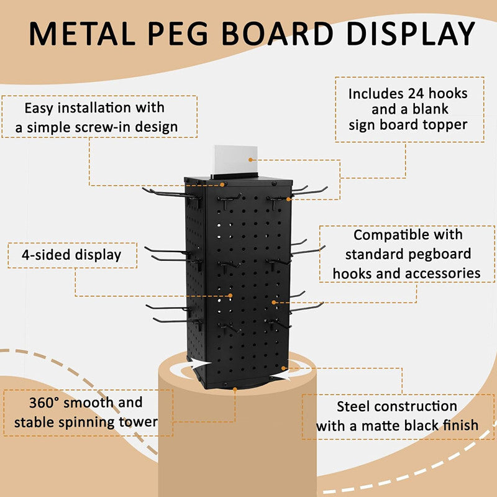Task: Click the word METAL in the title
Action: click(x=82, y=34)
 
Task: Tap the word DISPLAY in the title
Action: click(x=411, y=34)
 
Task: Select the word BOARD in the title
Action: click(x=278, y=34)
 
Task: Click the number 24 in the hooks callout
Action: click(x=416, y=94)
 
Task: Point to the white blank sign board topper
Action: click(x=235, y=160)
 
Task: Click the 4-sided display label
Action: click(x=71, y=255)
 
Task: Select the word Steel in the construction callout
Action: click(x=352, y=406)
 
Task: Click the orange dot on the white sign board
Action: click(x=250, y=160)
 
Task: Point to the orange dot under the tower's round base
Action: click(x=235, y=389)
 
